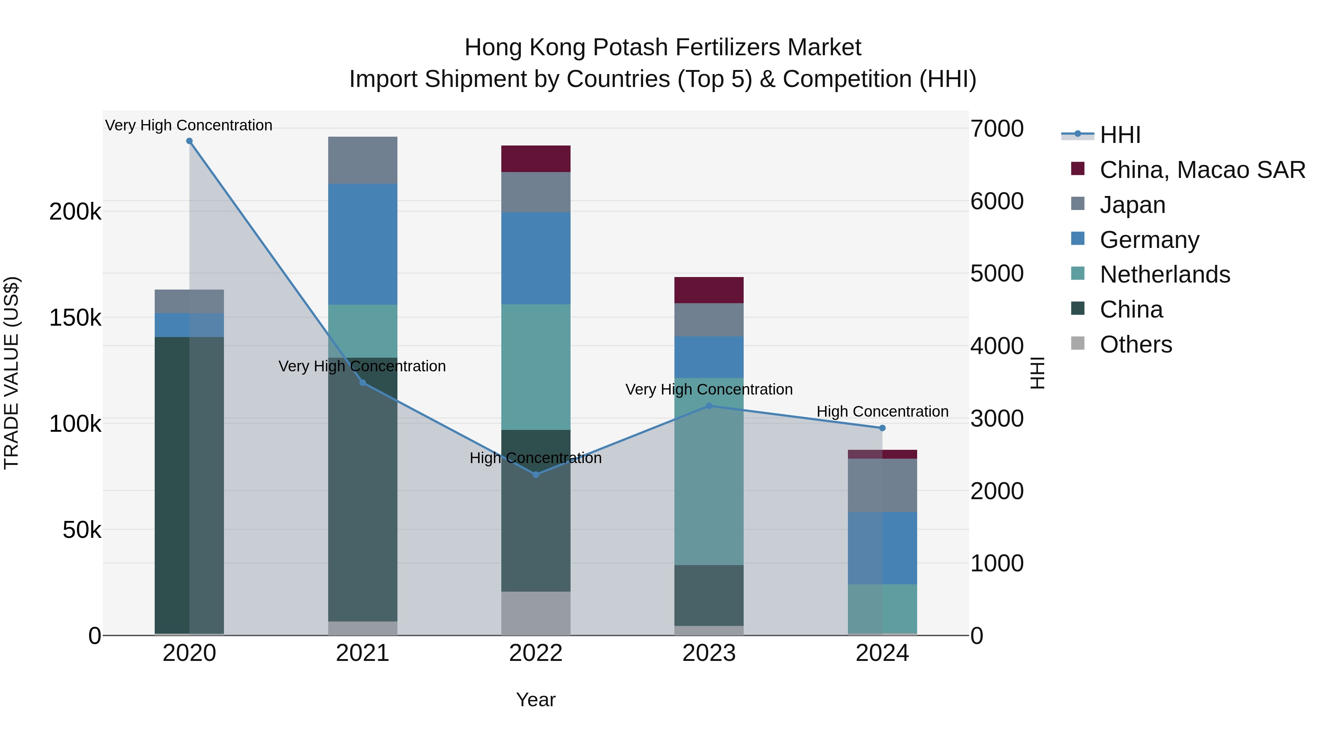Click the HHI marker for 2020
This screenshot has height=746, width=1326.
(189, 141)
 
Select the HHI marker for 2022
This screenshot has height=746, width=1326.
(536, 474)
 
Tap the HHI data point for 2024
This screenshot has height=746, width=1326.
(882, 428)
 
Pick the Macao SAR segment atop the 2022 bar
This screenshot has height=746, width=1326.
(536, 158)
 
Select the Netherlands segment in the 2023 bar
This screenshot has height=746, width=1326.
(709, 471)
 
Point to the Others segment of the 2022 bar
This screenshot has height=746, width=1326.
(536, 613)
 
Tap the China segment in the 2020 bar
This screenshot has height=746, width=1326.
(189, 485)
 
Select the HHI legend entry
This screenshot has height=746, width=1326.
(1120, 135)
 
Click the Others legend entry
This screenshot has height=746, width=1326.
(1136, 344)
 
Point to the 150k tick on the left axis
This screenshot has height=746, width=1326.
(75, 318)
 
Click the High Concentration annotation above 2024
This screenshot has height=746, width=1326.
(882, 412)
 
